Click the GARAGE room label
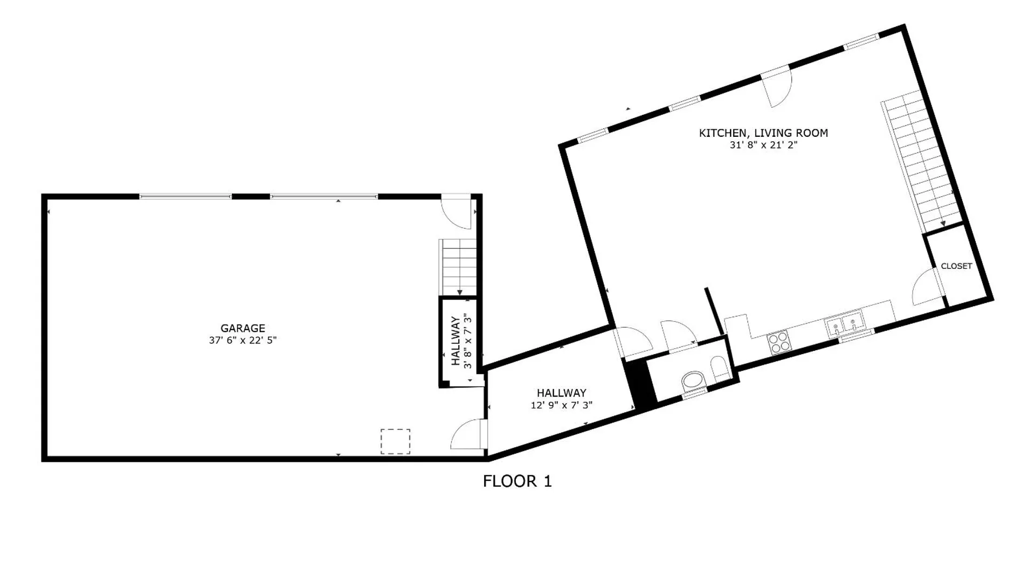point(243,328)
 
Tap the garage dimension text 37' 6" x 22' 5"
point(243,341)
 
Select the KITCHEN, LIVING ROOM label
point(763,133)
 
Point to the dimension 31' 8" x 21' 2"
point(763,145)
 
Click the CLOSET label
point(956,266)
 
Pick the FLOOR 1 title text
point(517,481)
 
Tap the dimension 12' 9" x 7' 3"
point(561,405)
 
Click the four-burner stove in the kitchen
point(779,342)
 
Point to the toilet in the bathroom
point(719,369)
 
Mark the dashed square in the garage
point(395,441)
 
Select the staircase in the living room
point(922,162)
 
